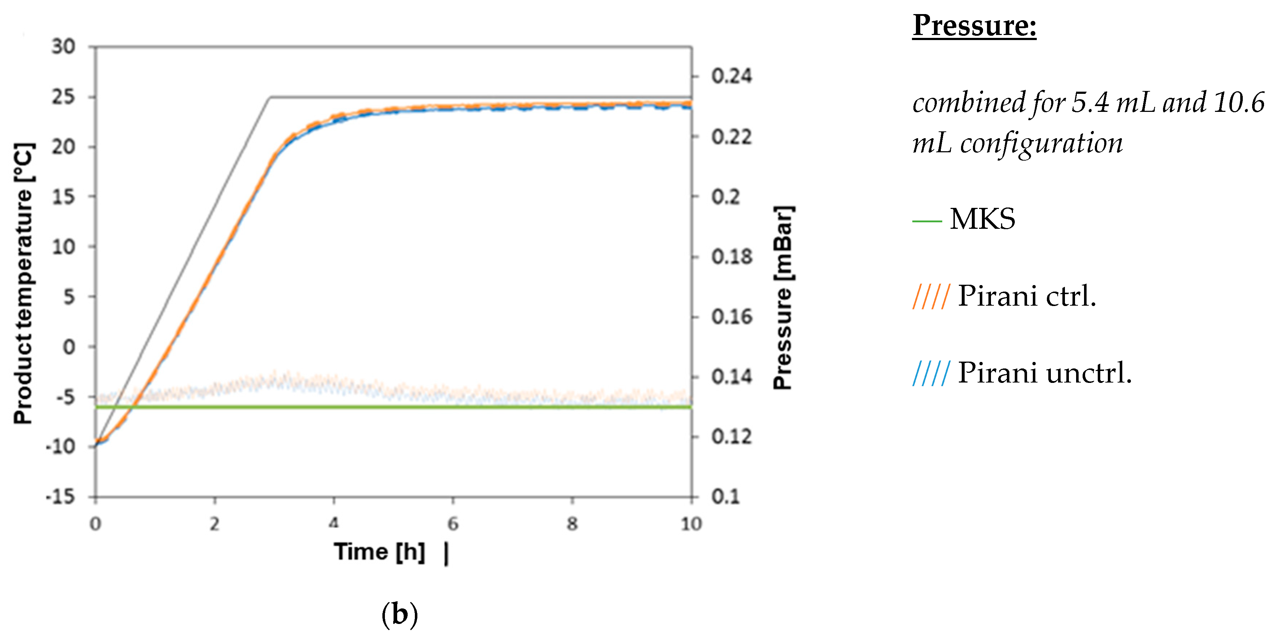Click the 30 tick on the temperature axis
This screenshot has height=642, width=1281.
63,47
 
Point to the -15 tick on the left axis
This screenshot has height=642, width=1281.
61,497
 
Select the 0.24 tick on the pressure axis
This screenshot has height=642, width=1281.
731,76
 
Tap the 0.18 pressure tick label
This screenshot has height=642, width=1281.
731,257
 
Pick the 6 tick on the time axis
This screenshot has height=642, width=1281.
452,524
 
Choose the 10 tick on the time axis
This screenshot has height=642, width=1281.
691,524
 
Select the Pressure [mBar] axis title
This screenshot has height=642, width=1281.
783,297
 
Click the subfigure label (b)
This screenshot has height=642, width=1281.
399,614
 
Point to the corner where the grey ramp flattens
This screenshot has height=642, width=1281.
270,97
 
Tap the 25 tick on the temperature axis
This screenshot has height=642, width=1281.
63,97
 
